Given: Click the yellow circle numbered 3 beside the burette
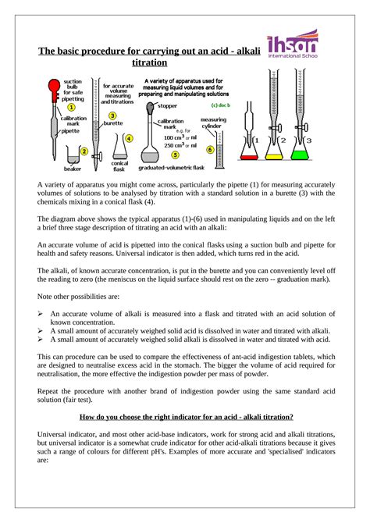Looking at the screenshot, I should click(x=112, y=115).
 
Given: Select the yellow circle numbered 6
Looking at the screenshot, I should click(x=209, y=149).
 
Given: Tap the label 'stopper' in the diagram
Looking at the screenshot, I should click(x=167, y=105).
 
